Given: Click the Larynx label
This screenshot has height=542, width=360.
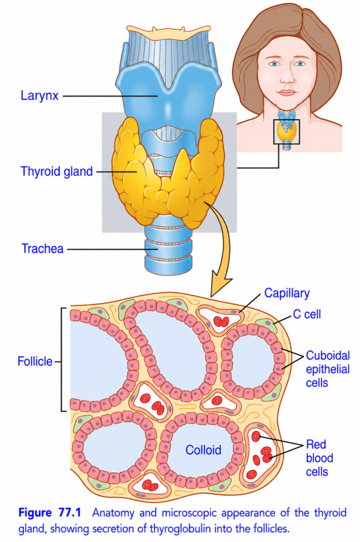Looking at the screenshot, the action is click(x=39, y=95).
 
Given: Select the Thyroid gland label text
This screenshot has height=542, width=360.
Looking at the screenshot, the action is click(x=57, y=171).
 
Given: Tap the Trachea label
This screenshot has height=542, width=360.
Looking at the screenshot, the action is click(x=42, y=249).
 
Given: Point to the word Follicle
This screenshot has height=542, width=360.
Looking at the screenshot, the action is click(x=35, y=361).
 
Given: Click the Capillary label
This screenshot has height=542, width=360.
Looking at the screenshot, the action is click(x=287, y=293).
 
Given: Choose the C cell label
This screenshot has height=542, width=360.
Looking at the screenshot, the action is click(x=307, y=314).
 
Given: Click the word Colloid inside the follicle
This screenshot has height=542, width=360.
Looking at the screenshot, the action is click(x=203, y=450).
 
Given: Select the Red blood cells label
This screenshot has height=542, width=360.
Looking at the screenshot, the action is click(x=320, y=458).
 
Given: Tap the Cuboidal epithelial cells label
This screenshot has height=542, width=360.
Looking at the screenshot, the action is click(x=328, y=369).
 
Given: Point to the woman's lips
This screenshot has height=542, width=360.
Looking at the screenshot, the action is click(x=287, y=93).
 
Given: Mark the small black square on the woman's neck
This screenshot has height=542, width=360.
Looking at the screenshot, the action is click(x=286, y=132).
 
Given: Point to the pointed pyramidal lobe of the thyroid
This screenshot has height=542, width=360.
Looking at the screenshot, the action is click(x=181, y=165).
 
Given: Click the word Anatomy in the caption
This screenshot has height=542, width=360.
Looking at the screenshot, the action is click(x=113, y=512).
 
